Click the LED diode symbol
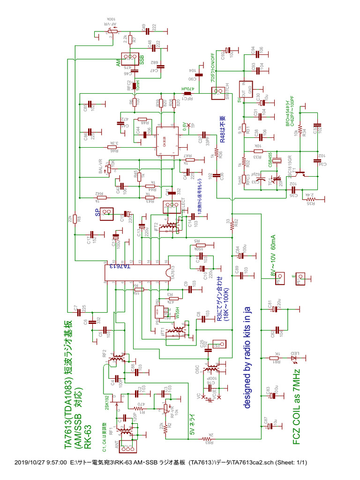[294, 359]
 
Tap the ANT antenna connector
[127, 448]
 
